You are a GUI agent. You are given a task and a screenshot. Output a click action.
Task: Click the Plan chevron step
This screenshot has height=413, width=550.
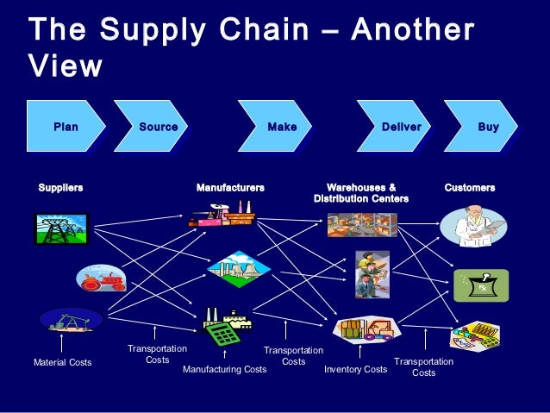click(66, 128)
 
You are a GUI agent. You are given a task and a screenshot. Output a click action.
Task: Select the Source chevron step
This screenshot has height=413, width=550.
click(158, 128)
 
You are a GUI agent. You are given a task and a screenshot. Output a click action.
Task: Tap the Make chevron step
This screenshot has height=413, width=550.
click(282, 128)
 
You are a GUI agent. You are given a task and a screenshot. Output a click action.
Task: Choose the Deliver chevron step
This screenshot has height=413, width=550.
click(401, 128)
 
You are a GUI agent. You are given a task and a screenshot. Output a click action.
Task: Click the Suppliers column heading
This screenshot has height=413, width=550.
click(60, 187)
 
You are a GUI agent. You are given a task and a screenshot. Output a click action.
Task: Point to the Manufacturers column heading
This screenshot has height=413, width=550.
click(230, 187)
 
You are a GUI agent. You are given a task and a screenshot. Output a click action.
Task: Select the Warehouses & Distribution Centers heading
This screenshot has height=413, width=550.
click(361, 193)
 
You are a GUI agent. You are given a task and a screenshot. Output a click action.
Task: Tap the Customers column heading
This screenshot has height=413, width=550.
click(470, 187)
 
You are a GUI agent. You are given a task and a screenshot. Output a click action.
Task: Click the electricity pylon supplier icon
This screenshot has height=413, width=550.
click(60, 228)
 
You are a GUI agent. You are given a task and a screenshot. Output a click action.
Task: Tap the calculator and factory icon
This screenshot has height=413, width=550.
click(222, 325)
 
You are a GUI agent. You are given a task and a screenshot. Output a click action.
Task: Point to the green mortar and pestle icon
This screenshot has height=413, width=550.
click(481, 285)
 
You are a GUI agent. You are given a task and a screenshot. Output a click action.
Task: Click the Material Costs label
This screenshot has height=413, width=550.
click(62, 363)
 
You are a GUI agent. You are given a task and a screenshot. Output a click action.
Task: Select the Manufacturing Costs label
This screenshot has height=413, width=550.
click(225, 370)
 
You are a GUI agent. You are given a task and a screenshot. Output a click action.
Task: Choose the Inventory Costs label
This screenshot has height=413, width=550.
click(355, 370)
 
